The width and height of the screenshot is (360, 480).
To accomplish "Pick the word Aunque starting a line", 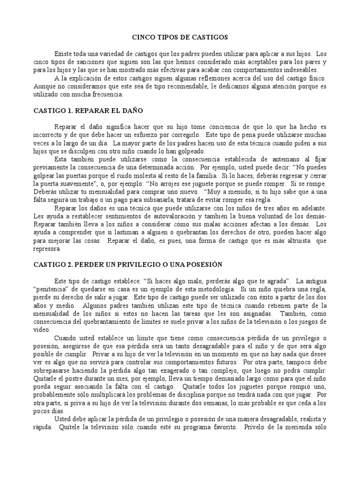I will [x=45, y=87].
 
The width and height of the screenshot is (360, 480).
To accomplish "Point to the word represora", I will [x=48, y=249].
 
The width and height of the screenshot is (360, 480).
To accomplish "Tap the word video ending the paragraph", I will [x=42, y=330].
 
